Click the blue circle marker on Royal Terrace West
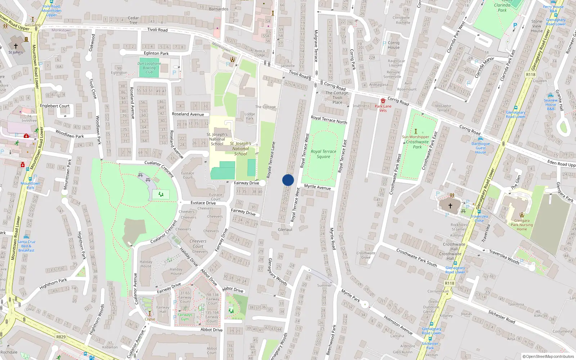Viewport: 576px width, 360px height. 288,180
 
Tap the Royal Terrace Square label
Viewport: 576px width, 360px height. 323,154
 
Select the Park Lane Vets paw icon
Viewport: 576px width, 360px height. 383,101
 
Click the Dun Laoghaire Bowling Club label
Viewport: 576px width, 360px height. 149,68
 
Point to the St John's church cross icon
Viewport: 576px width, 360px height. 15,46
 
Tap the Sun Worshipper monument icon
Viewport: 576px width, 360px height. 416,131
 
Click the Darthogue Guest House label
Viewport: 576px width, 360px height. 481,148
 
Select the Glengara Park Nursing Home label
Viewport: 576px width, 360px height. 522,225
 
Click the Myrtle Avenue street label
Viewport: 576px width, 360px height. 317,187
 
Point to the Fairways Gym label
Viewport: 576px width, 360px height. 185,317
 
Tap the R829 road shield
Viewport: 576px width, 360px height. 61,337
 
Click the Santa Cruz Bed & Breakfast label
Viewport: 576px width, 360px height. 26,246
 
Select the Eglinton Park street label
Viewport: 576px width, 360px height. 156,53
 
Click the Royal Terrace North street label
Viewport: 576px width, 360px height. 329,120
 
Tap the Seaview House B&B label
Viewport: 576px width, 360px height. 550,104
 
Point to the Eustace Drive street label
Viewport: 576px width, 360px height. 203,203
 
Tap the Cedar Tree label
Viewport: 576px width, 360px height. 133,20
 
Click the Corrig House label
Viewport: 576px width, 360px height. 393,45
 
